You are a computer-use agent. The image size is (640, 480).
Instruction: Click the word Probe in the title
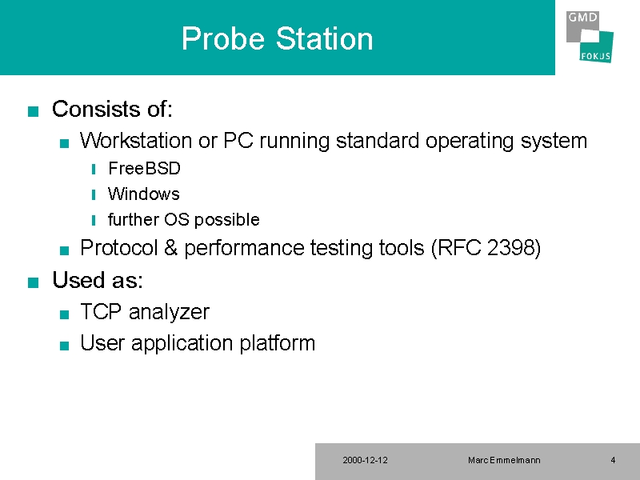[x=223, y=39]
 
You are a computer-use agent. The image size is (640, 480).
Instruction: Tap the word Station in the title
[x=325, y=38]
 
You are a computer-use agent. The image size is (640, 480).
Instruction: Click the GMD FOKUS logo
[x=590, y=37]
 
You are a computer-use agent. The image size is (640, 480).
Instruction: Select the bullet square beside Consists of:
[x=33, y=111]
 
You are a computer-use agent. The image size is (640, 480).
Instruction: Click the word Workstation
[x=135, y=141]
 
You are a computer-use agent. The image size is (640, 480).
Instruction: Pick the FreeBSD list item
[x=144, y=168]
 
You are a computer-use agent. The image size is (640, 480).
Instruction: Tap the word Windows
[x=144, y=194]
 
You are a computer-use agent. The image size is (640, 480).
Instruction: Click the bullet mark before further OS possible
[x=94, y=221]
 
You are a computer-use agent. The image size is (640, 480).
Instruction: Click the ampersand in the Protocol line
[x=170, y=248]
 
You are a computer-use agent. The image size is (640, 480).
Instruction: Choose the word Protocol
[x=118, y=248]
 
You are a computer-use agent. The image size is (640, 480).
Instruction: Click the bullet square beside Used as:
[x=33, y=282]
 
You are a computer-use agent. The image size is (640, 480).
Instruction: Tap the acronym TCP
[x=101, y=312]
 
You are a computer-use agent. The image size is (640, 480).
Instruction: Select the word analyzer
[x=169, y=313]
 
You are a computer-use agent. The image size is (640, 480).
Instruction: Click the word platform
[x=277, y=343]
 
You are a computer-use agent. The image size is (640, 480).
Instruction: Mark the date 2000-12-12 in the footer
[x=366, y=461]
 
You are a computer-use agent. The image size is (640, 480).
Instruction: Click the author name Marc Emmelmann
[x=504, y=461]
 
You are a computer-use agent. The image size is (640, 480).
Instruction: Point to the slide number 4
[x=613, y=461]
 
